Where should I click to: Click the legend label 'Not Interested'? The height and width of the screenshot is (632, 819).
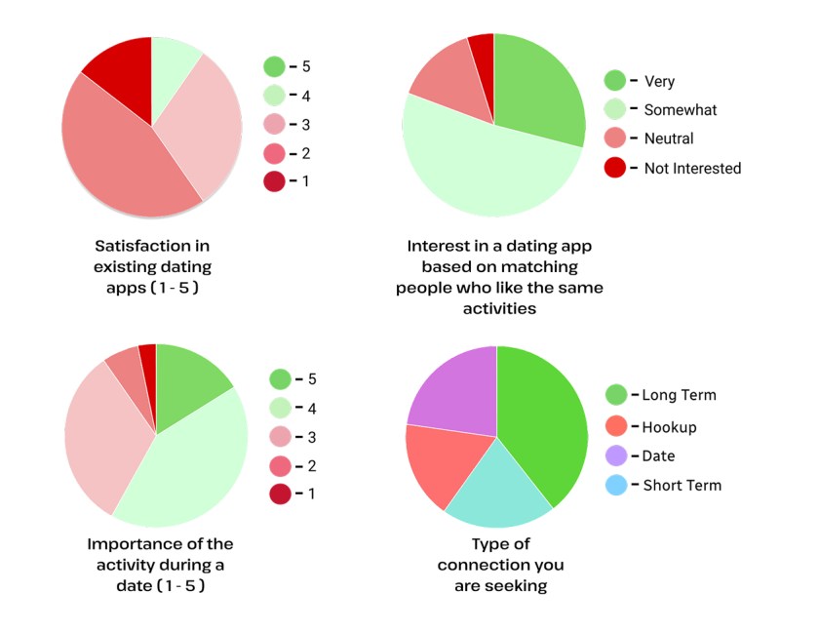(x=692, y=169)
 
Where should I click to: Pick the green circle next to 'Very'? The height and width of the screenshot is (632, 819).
(x=615, y=81)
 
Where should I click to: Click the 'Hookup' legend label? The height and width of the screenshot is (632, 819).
(x=669, y=427)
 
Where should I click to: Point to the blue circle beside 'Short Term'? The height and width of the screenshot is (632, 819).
(x=615, y=485)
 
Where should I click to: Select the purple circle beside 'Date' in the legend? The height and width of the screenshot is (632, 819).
(x=615, y=455)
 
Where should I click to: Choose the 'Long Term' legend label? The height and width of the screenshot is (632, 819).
(x=679, y=396)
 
